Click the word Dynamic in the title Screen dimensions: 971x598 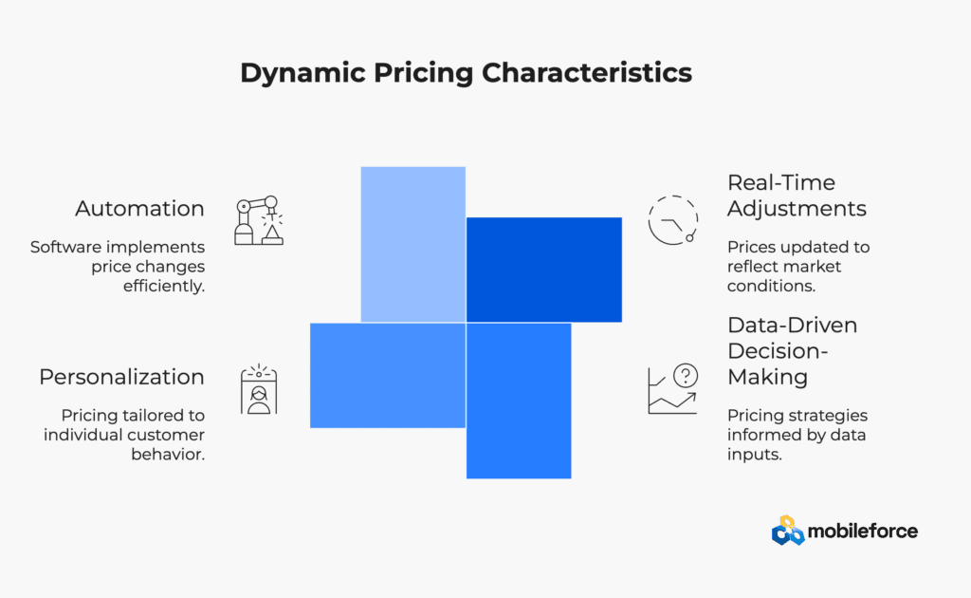click(x=302, y=74)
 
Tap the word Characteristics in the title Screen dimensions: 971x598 click(x=587, y=72)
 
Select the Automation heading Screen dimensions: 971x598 click(x=140, y=209)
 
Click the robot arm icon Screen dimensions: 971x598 click(x=259, y=220)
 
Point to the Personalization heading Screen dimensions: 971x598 click(x=121, y=377)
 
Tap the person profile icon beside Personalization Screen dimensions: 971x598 click(x=259, y=389)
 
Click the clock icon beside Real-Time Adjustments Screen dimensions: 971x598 click(x=673, y=220)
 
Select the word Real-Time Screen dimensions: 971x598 click(x=781, y=183)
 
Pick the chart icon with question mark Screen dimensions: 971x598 click(x=673, y=388)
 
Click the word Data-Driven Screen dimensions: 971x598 click(x=792, y=326)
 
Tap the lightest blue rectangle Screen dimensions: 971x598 click(x=413, y=244)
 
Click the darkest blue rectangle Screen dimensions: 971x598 click(x=543, y=270)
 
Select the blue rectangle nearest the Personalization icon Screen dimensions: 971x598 click(x=388, y=376)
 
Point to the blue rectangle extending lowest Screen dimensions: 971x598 click(x=519, y=401)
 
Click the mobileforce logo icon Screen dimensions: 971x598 click(x=788, y=531)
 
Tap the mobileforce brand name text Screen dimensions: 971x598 click(x=863, y=531)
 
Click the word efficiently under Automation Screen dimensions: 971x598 click(x=163, y=287)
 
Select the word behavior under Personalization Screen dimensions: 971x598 click(x=168, y=455)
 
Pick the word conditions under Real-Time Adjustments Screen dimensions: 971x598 click(x=771, y=286)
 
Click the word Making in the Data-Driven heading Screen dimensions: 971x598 click(x=767, y=378)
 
